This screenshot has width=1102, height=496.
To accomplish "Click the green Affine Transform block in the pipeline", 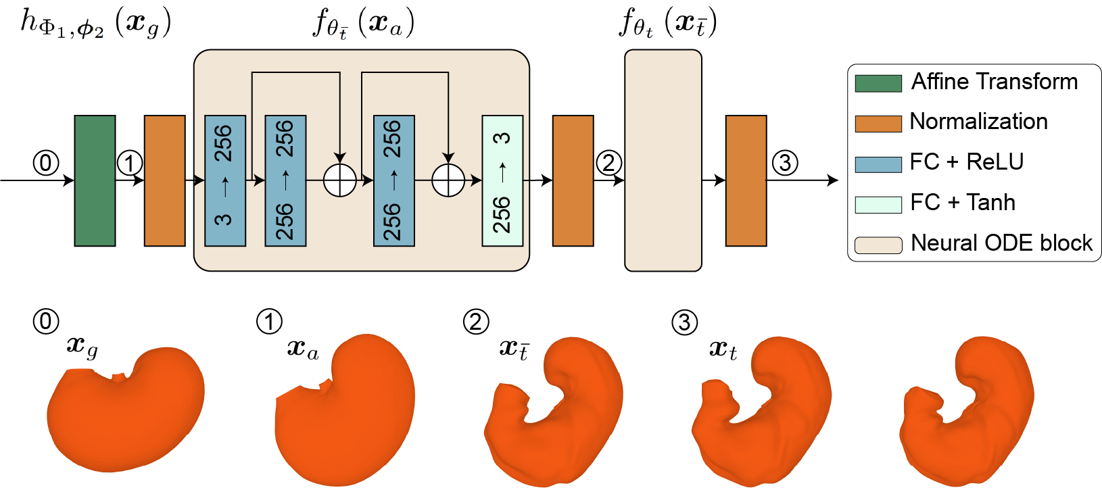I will pyautogui.click(x=95, y=180).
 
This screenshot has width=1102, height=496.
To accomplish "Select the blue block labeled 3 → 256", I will pyautogui.click(x=224, y=180).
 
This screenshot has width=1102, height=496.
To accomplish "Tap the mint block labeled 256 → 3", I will pyautogui.click(x=502, y=180).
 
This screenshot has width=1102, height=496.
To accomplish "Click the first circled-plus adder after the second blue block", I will pyautogui.click(x=339, y=180).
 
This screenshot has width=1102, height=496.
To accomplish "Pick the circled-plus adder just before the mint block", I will pyautogui.click(x=448, y=180).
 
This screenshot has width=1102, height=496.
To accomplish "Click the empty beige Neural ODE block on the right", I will pyautogui.click(x=663, y=161).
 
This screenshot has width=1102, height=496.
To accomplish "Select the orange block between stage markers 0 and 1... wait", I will pyautogui.click(x=164, y=180).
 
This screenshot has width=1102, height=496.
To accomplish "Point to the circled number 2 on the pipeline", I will pyautogui.click(x=608, y=163).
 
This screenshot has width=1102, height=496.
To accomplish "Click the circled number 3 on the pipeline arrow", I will pyautogui.click(x=784, y=163).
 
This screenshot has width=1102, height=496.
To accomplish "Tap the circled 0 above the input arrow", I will pyautogui.click(x=46, y=163).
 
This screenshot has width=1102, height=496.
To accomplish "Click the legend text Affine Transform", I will pyautogui.click(x=994, y=82).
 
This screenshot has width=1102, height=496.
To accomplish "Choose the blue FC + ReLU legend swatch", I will pyautogui.click(x=878, y=164).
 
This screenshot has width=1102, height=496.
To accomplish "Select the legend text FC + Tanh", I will pyautogui.click(x=962, y=203).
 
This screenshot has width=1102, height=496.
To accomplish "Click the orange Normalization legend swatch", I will pyautogui.click(x=878, y=124).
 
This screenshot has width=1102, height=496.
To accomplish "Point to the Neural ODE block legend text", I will pyautogui.click(x=1001, y=243).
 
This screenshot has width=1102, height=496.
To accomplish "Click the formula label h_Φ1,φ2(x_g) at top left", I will pyautogui.click(x=95, y=23).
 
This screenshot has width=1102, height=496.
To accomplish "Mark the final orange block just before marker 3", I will pyautogui.click(x=746, y=180).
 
